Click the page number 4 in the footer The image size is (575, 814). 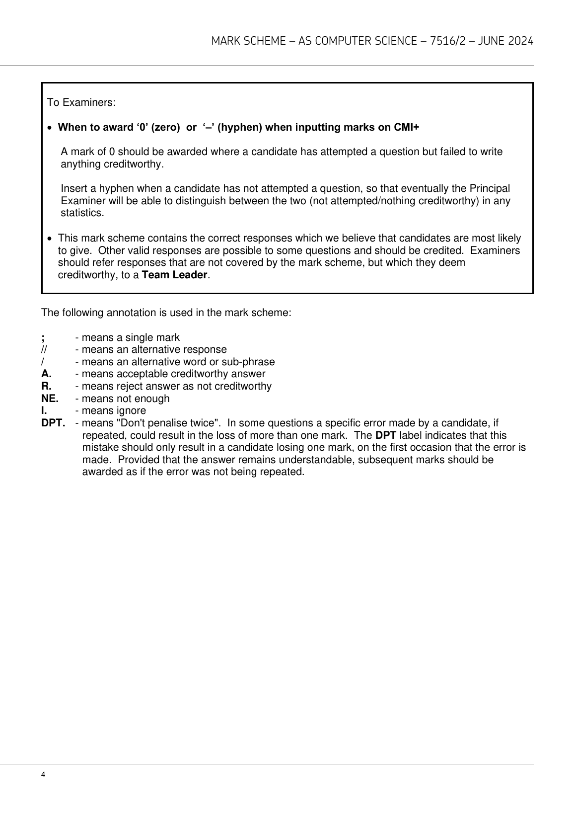click(44, 775)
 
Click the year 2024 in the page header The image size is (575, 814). click(521, 41)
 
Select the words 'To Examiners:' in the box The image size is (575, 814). click(81, 103)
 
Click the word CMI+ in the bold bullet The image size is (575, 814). click(406, 127)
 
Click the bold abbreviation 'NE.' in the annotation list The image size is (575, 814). click(50, 399)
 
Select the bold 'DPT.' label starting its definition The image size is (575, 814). click(53, 423)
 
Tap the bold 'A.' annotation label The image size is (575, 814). click(46, 374)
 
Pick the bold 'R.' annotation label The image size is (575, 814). click(46, 386)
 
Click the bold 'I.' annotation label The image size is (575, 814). click(44, 410)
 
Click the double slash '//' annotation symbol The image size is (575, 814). click(44, 350)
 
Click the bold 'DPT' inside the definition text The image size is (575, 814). click(385, 435)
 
